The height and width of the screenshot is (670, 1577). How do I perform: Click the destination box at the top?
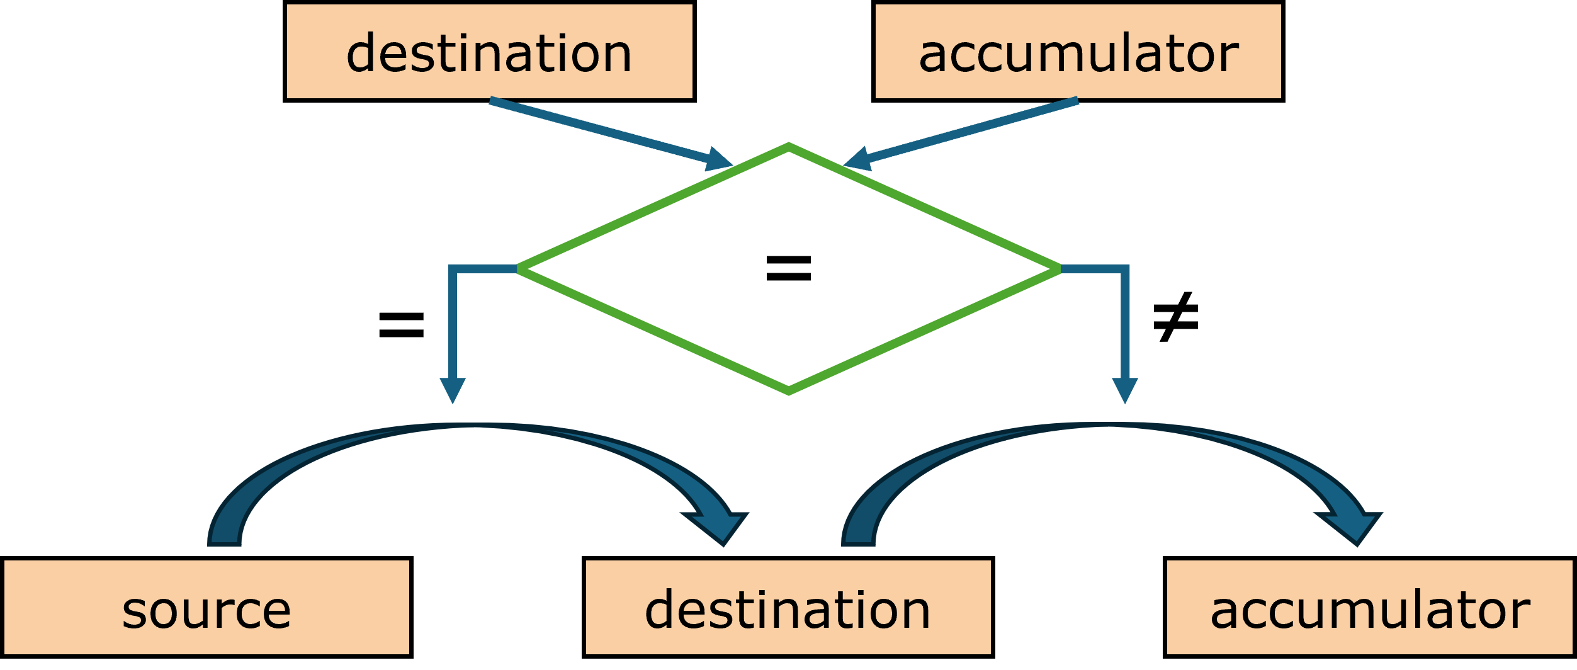pyautogui.click(x=489, y=52)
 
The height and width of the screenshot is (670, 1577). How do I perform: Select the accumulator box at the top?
pyautogui.click(x=1078, y=52)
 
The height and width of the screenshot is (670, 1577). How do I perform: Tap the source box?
pyautogui.click(x=206, y=608)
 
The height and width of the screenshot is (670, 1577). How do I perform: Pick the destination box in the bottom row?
pyautogui.click(x=788, y=608)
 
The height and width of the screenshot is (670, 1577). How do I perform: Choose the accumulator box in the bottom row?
pyautogui.click(x=1369, y=608)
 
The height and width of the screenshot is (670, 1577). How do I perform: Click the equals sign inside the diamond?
pyautogui.click(x=788, y=268)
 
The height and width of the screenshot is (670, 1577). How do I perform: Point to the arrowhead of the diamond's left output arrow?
pyautogui.click(x=453, y=389)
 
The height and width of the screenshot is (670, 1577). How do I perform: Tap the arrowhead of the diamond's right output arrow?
pyautogui.click(x=1124, y=389)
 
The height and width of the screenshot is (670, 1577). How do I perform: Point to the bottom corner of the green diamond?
pyautogui.click(x=788, y=391)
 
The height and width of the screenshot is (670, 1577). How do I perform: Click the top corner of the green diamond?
pyautogui.click(x=788, y=147)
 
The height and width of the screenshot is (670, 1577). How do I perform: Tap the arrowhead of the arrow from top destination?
pyautogui.click(x=718, y=160)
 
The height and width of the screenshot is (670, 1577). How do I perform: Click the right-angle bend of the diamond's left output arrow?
pyautogui.click(x=453, y=270)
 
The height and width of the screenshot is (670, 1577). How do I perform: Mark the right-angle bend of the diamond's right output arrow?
pyautogui.click(x=1125, y=270)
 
